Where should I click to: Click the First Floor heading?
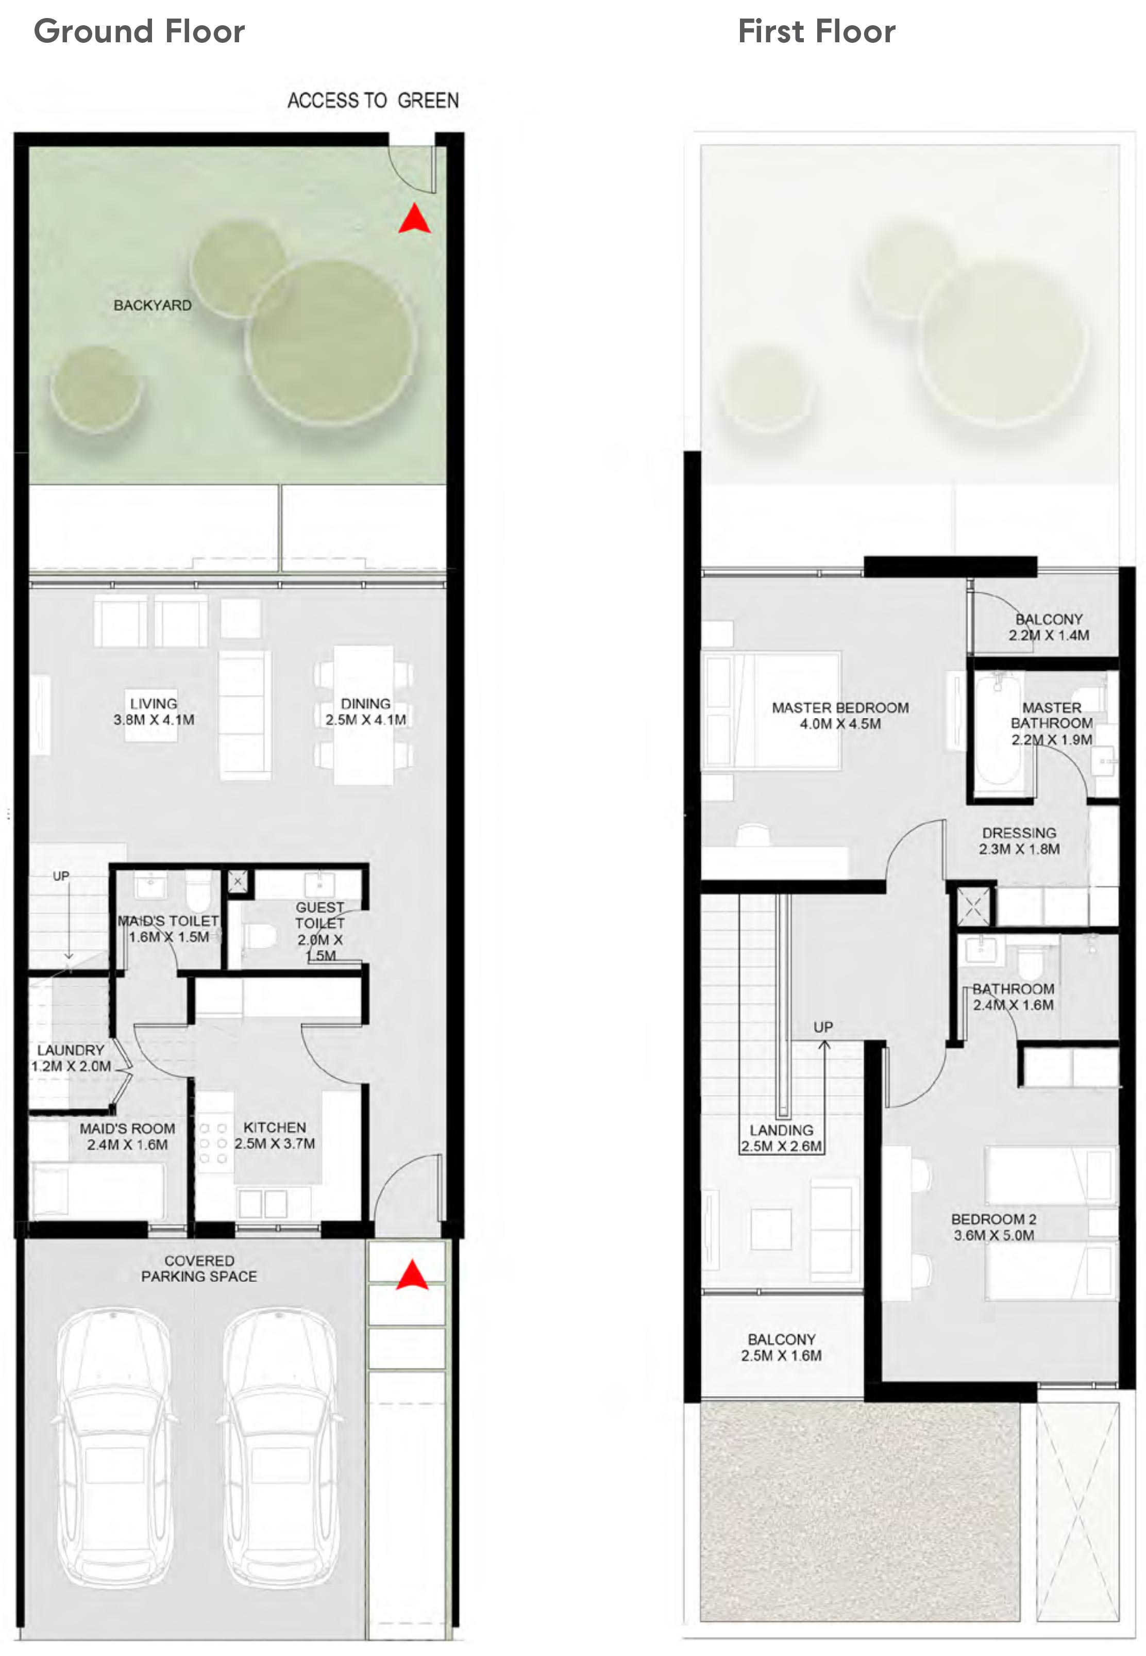coord(816,31)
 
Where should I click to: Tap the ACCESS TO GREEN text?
coord(373,101)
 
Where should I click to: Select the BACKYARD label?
coord(152,305)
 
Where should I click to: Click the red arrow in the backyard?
coord(414,219)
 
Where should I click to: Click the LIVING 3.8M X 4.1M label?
coord(154,711)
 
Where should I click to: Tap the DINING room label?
coord(365,711)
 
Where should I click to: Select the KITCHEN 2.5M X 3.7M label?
coord(274,1135)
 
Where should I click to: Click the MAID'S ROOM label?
coord(127,1136)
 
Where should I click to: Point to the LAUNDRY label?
coord(71,1057)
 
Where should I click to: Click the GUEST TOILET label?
coord(320,931)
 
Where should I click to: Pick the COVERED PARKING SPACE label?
coord(199,1268)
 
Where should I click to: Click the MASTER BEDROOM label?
coord(840,716)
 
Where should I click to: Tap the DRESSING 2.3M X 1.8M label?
coord(1019,840)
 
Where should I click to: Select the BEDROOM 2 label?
coord(994,1227)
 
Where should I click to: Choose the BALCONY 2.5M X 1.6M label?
coord(781,1347)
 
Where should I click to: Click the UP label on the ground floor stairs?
coord(61,876)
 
